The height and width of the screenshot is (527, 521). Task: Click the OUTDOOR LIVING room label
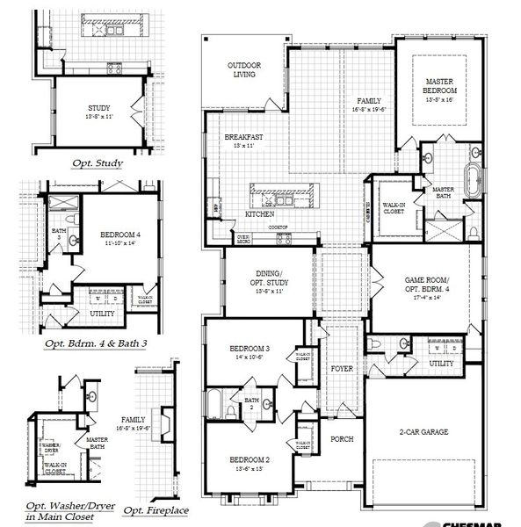[x=242, y=69]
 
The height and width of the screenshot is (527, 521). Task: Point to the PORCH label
[x=341, y=437]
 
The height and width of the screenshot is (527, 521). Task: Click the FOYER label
[x=342, y=369]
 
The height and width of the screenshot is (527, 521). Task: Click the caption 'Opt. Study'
[x=98, y=163]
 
